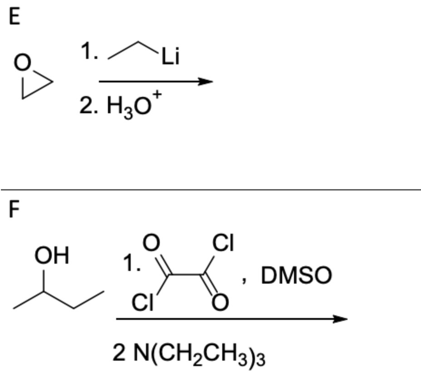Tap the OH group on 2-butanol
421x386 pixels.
[x=52, y=256]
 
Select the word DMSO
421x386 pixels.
[x=296, y=275]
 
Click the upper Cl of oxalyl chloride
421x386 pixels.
[x=223, y=245]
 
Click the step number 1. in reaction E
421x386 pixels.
[x=89, y=54]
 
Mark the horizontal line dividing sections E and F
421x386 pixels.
[x=210, y=190]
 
